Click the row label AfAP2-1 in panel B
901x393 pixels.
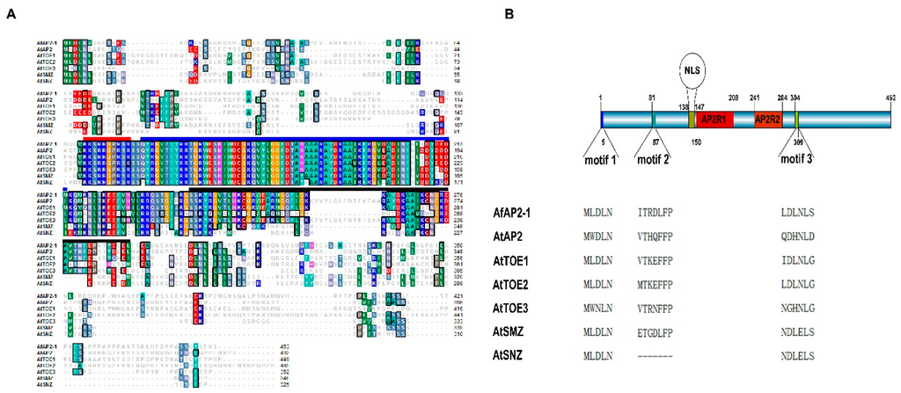coord(520,213)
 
